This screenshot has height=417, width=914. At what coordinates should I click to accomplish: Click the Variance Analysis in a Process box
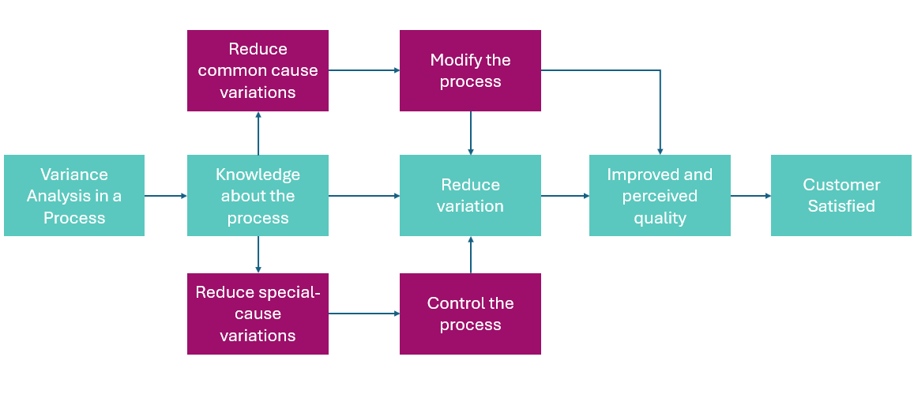[x=74, y=195]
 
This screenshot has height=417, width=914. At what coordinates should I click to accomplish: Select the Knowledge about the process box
[x=258, y=195]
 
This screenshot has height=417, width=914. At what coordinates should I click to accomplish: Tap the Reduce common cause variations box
[x=258, y=70]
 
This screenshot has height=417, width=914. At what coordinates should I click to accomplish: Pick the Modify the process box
[x=470, y=70]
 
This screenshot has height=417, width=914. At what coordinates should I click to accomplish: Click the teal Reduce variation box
[x=470, y=195]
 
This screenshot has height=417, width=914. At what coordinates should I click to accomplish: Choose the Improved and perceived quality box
[x=660, y=195]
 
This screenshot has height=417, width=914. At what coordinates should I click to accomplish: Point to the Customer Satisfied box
[x=841, y=195]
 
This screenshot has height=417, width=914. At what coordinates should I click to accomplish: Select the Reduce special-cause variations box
[x=258, y=314]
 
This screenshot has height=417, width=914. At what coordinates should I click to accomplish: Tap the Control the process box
[x=470, y=314]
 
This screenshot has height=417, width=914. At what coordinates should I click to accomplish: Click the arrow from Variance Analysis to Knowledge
[x=166, y=196]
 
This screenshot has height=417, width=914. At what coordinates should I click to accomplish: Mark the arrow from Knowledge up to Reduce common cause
[x=258, y=133]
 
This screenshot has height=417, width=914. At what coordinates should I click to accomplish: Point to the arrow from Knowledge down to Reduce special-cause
[x=258, y=254]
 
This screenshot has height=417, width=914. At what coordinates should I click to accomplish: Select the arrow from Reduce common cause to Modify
[x=364, y=70]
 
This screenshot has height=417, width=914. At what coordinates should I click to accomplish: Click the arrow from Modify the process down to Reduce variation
[x=470, y=133]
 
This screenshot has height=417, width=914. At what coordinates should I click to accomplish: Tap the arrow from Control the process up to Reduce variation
[x=470, y=254]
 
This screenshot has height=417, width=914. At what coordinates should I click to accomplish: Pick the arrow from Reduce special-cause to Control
[x=364, y=314]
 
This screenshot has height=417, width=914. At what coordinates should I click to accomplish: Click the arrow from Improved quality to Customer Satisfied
[x=750, y=196]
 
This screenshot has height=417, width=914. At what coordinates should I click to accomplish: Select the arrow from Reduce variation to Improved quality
[x=566, y=196]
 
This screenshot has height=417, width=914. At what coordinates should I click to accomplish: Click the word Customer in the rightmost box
[x=841, y=185]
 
